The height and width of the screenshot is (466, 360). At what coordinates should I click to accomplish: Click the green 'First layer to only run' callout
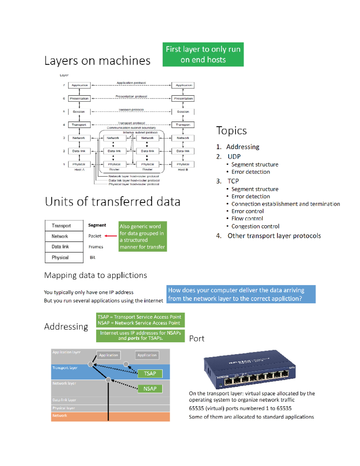[x=203, y=54]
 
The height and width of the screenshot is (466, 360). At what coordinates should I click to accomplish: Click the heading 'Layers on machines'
[x=97, y=61]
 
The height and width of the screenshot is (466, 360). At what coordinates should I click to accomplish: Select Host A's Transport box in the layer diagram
[x=79, y=125]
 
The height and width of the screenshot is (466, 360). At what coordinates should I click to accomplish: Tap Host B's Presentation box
[x=183, y=98]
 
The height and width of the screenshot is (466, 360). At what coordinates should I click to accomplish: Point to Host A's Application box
[x=79, y=85]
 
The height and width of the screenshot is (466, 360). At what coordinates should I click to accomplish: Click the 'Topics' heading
[x=231, y=131]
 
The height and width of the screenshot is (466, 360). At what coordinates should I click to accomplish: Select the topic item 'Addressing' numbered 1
[x=242, y=147]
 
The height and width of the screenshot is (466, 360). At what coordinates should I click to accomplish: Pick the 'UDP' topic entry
[x=234, y=157]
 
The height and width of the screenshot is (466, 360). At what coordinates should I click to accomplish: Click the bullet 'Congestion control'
[x=255, y=226]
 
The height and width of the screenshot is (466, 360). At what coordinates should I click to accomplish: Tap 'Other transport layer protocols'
[x=274, y=236]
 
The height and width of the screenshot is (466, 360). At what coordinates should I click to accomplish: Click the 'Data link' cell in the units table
[x=64, y=247]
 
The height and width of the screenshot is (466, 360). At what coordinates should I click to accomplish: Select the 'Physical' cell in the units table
[x=64, y=257]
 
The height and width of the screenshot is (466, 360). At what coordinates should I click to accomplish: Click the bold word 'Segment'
[x=97, y=225]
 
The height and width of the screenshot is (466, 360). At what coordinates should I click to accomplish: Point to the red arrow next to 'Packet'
[x=111, y=236]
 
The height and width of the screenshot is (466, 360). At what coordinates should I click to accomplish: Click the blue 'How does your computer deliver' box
[x=241, y=294]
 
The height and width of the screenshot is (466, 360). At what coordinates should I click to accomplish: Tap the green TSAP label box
[x=150, y=374]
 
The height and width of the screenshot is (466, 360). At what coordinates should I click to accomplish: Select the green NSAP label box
[x=150, y=389]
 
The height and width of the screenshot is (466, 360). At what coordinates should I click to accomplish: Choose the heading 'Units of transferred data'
[x=112, y=202]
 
